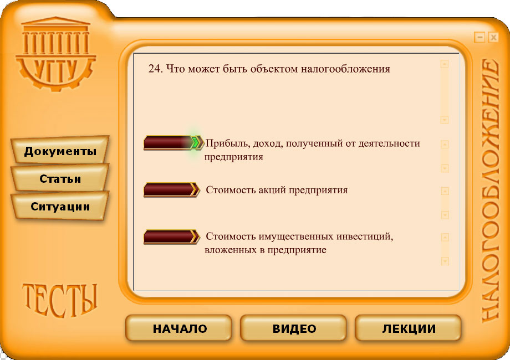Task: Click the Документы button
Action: [60, 151]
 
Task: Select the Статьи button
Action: [60, 179]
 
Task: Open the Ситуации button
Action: [60, 207]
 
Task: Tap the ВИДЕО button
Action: [294, 329]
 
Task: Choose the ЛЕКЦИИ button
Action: [409, 329]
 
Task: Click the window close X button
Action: [493, 37]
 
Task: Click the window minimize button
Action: [480, 37]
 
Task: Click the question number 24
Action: [155, 69]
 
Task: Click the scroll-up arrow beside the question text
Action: [444, 64]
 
